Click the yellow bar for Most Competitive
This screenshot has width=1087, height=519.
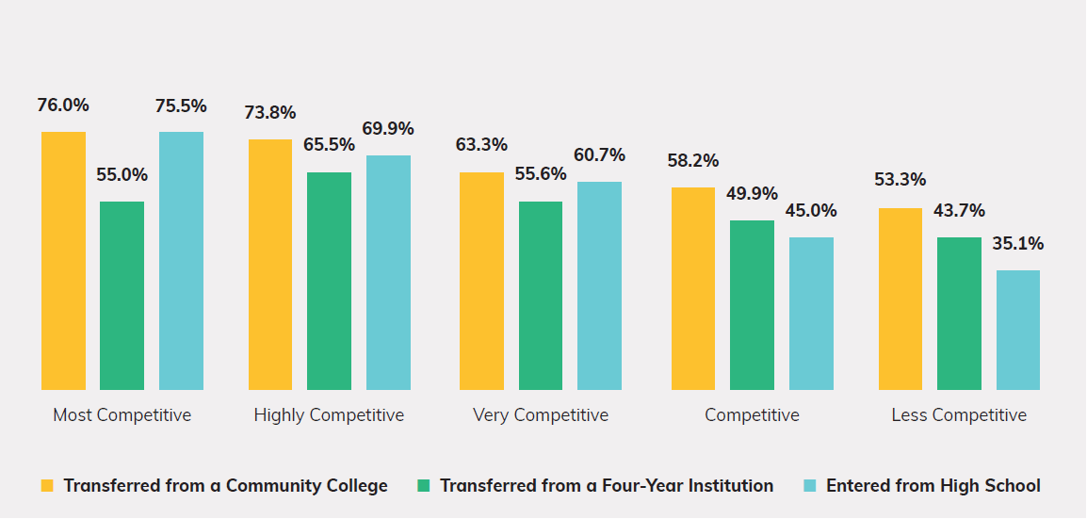tap(63, 261)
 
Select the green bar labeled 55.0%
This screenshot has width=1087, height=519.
tap(122, 296)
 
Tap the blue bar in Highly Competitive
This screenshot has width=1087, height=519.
tap(388, 272)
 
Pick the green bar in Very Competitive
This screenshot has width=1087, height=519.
tap(541, 296)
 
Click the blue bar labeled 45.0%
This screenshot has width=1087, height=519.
tap(811, 314)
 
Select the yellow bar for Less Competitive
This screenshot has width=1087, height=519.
tap(900, 299)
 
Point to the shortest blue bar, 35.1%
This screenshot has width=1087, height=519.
tap(1018, 330)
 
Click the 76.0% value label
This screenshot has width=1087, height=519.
tap(63, 105)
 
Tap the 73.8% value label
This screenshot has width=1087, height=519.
tap(270, 113)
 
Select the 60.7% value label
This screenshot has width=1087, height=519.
tap(599, 155)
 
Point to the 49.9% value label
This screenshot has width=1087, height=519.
tap(752, 194)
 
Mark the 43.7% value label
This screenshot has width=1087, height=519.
tap(959, 211)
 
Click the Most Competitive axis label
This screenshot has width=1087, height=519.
tap(122, 415)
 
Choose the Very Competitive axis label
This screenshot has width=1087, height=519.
tap(541, 415)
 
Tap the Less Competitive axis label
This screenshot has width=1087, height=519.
tap(959, 415)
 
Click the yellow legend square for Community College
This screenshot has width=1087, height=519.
tap(47, 486)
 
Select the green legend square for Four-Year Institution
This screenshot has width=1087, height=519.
tap(423, 486)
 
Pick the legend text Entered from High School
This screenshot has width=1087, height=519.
tap(933, 486)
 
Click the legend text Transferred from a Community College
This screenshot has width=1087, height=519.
tap(225, 486)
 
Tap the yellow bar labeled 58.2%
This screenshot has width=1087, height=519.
tap(692, 288)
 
